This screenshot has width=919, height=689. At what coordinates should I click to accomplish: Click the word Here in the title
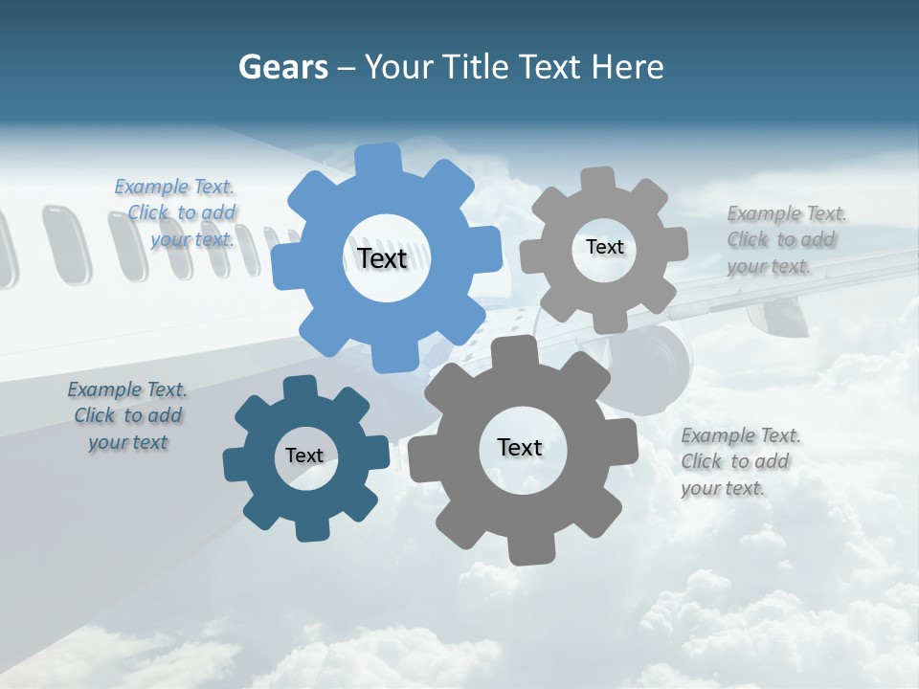coord(627,67)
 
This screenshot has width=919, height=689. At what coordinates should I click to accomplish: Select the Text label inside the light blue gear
coord(382,258)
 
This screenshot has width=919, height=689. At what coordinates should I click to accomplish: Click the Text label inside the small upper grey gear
coord(604,247)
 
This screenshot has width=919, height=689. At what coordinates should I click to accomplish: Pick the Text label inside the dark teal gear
coord(303,456)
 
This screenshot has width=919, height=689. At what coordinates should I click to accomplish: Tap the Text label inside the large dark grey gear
coord(520,447)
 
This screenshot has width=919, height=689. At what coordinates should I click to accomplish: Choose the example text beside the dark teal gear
coord(127,416)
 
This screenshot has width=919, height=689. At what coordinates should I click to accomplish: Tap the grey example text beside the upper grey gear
coord(783,240)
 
